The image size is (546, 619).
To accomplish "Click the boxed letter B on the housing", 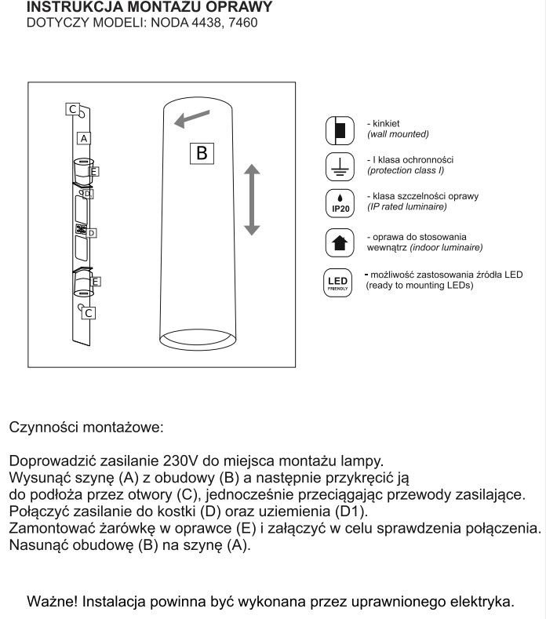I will pyautogui.click(x=202, y=153).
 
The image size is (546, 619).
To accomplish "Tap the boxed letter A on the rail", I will pyautogui.click(x=83, y=137).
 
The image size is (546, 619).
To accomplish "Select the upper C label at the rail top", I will pyautogui.click(x=72, y=110).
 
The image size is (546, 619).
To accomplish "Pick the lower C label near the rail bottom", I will pyautogui.click(x=89, y=313).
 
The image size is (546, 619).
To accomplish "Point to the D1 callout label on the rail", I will pyautogui.click(x=88, y=193).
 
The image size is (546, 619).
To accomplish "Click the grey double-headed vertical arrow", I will pyautogui.click(x=251, y=199).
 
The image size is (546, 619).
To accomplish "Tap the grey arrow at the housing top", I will pyautogui.click(x=192, y=118).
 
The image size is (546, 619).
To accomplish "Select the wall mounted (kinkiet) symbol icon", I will pyautogui.click(x=340, y=130).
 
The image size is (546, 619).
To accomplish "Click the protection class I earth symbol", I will pyautogui.click(x=340, y=166).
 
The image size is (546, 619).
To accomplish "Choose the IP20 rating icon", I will pyautogui.click(x=340, y=202).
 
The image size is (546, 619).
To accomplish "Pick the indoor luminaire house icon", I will pyautogui.click(x=340, y=242).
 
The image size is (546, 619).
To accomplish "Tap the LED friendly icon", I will pyautogui.click(x=338, y=282).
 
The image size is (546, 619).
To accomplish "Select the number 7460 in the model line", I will pyautogui.click(x=241, y=23).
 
